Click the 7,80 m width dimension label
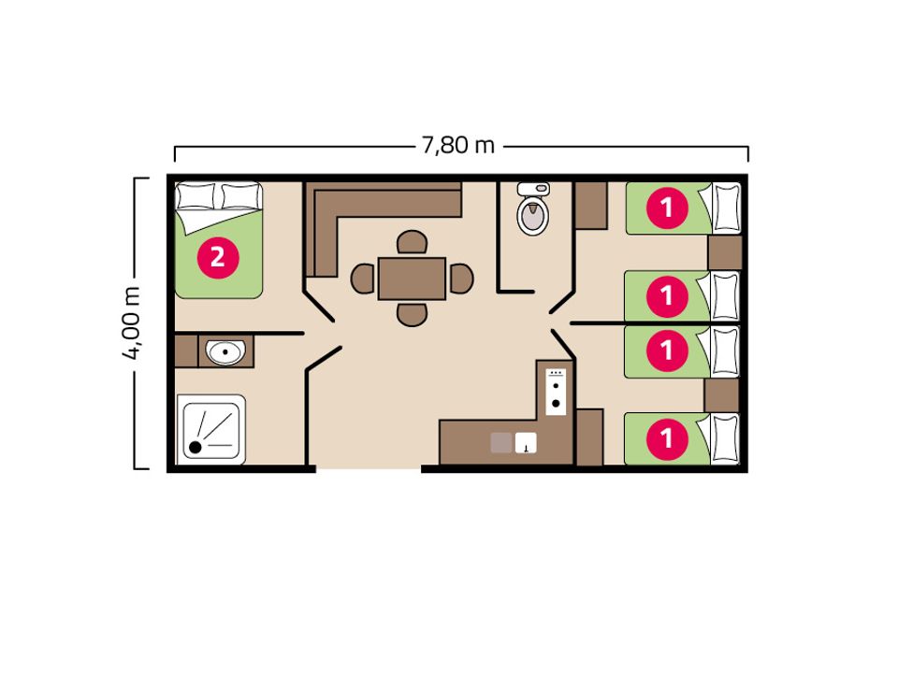click(458, 146)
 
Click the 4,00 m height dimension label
click(131, 322)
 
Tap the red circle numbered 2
click(218, 258)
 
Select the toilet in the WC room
click(533, 208)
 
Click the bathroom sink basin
click(225, 351)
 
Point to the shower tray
click(211, 429)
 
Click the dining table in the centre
click(412, 279)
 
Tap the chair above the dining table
click(412, 242)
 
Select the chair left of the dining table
click(363, 279)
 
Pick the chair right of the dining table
click(461, 279)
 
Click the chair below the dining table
click(412, 315)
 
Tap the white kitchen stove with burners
click(556, 392)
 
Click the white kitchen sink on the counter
click(526, 443)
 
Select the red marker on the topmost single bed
click(667, 208)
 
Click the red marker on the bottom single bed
click(667, 439)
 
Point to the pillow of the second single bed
click(724, 296)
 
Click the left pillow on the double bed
click(196, 196)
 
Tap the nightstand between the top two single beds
click(725, 252)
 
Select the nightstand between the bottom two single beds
click(721, 395)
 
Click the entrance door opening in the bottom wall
click(369, 468)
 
